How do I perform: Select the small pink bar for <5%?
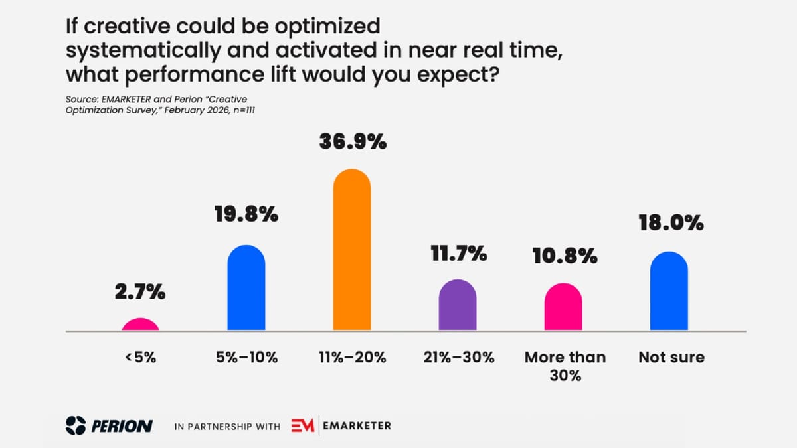coord(141,325)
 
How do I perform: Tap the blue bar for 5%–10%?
coord(246,289)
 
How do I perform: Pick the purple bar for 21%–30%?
coord(458,306)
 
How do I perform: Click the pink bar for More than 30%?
coord(563,308)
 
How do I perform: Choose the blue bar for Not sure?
coord(669,292)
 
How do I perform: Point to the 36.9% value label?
coord(352,142)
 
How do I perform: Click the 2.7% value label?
coord(141,292)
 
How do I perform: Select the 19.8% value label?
coord(246,216)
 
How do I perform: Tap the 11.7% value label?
coord(458,253)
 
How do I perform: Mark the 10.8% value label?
coord(564,257)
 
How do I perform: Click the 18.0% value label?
coord(670,222)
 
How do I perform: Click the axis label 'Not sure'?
coord(671,357)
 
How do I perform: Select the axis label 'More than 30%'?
coord(565,366)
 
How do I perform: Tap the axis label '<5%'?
coord(140,357)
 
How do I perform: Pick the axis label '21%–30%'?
coord(459,357)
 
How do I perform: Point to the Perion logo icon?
coord(76,425)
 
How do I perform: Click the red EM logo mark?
coord(303,425)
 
